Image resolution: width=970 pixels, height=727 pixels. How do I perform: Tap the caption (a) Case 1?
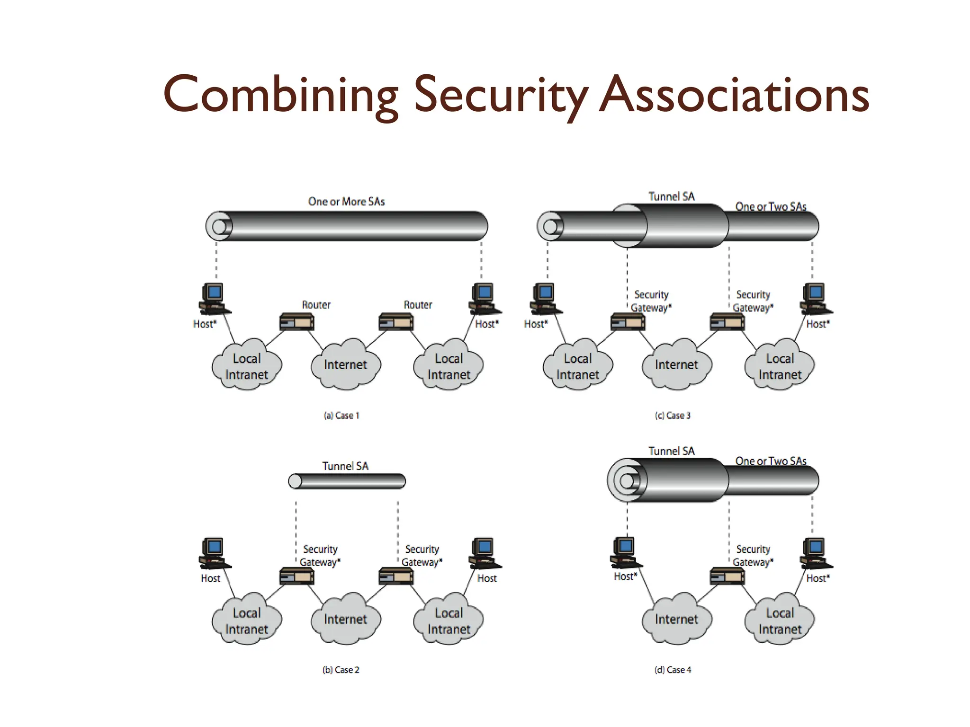click(x=341, y=416)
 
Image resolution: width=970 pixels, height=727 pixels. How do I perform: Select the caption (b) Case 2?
click(x=341, y=670)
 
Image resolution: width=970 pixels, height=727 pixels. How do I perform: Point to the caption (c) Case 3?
click(x=673, y=416)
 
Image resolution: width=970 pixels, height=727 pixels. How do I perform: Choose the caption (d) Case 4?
click(x=673, y=670)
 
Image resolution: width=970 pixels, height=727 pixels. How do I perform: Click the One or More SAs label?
click(x=347, y=202)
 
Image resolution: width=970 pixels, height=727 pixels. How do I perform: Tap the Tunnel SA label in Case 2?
click(x=345, y=466)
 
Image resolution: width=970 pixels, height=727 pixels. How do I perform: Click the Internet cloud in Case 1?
click(x=346, y=364)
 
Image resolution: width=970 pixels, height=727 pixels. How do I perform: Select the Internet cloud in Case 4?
click(x=676, y=619)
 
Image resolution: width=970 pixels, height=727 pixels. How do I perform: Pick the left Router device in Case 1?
click(x=297, y=322)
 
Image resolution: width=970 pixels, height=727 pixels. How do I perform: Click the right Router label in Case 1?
click(x=418, y=305)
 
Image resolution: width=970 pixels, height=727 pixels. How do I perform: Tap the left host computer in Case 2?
click(x=214, y=552)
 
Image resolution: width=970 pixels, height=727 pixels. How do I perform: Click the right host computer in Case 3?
click(x=815, y=298)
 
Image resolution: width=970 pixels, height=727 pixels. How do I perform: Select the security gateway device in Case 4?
click(x=727, y=576)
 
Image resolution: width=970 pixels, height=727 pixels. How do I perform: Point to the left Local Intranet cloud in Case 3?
click(x=578, y=366)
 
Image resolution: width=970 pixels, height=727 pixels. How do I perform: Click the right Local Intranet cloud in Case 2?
click(x=449, y=620)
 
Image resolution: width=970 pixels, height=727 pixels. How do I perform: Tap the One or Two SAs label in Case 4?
click(x=771, y=461)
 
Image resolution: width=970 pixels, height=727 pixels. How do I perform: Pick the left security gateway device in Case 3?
click(x=628, y=322)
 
